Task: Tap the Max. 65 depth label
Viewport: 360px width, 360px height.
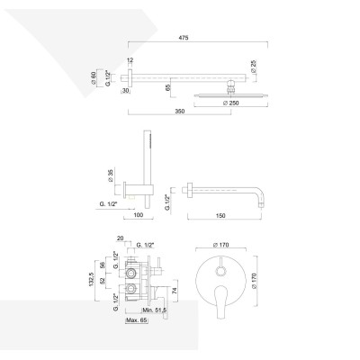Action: coord(137,320)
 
